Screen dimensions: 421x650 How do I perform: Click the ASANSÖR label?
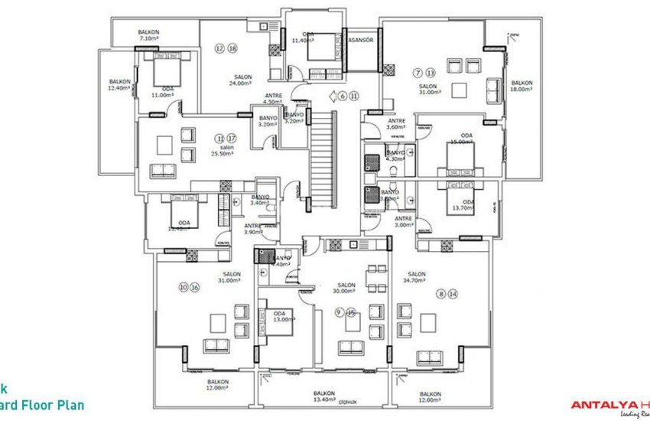point(361,41)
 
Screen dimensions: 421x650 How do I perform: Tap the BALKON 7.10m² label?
point(148,34)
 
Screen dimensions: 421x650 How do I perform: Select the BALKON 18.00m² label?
point(522,86)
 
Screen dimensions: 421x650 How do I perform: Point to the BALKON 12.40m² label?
point(120,84)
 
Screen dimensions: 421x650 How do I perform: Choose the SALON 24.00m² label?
point(243,80)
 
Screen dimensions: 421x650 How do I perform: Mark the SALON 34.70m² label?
point(417,278)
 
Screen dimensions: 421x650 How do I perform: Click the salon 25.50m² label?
point(226,150)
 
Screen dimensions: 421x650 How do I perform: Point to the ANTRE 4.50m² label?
point(272,98)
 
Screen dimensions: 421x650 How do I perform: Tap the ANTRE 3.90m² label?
point(253,229)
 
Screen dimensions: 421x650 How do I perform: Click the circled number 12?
point(219,48)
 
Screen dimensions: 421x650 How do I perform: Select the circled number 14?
point(453,293)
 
